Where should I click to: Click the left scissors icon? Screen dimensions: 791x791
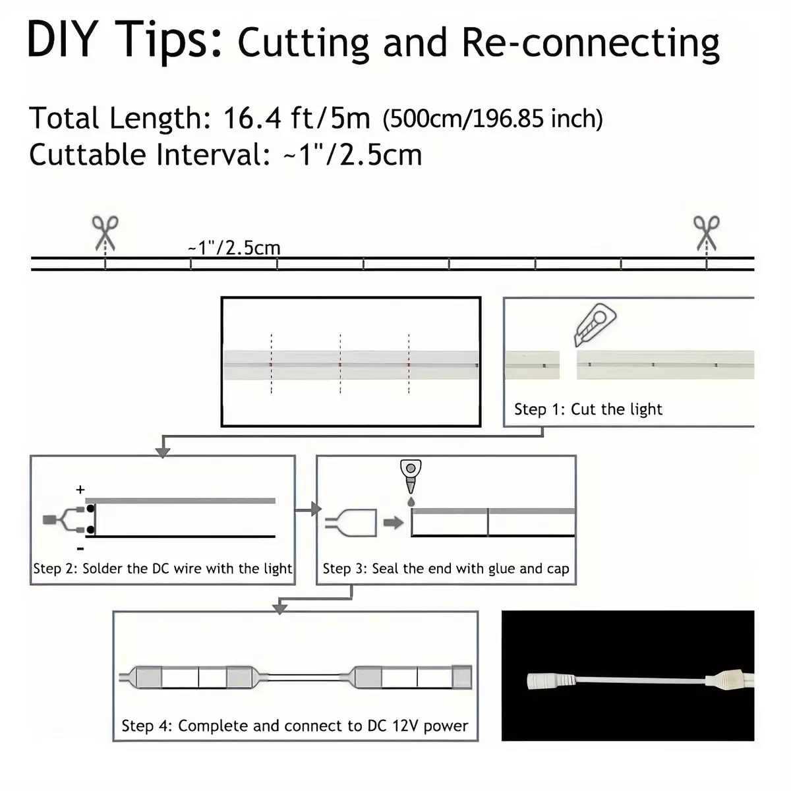(x=105, y=233)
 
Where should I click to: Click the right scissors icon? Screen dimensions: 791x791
(x=706, y=233)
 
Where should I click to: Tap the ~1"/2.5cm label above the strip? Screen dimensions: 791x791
(x=234, y=248)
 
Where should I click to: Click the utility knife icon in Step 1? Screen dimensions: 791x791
(x=595, y=325)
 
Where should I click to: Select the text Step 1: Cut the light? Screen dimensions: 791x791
(x=588, y=409)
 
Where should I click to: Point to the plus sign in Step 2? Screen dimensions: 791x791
(x=80, y=489)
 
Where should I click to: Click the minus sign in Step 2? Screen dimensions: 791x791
(x=80, y=549)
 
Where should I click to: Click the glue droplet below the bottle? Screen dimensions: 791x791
(x=411, y=502)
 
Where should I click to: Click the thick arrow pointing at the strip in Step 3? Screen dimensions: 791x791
(x=394, y=523)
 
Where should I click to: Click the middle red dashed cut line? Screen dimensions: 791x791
(x=340, y=364)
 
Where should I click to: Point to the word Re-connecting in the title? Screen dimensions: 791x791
(x=591, y=43)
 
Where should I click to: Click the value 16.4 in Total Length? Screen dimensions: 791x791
(x=252, y=119)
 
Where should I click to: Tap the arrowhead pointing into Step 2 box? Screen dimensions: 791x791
(x=163, y=452)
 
